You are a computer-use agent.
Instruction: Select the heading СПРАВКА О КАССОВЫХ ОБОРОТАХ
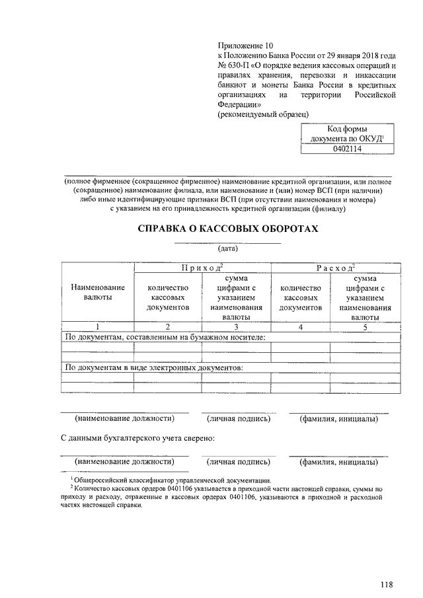[227, 229]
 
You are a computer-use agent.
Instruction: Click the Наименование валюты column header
[95, 293]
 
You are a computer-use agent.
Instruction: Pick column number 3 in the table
[236, 326]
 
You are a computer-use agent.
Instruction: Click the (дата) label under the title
[227, 249]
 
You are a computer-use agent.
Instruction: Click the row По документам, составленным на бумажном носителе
[165, 337]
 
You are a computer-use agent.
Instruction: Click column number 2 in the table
[168, 326]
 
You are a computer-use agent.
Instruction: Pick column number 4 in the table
[301, 326]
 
